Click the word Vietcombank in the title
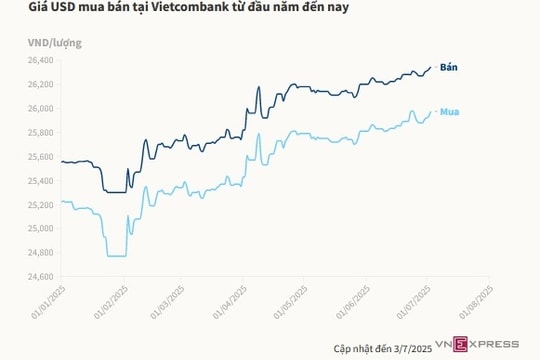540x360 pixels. click(x=186, y=11)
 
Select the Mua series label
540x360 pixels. click(x=450, y=111)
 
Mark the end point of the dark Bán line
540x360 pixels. click(x=431, y=67)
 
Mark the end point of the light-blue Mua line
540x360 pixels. click(x=431, y=112)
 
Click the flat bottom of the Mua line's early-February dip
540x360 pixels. click(x=115, y=256)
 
